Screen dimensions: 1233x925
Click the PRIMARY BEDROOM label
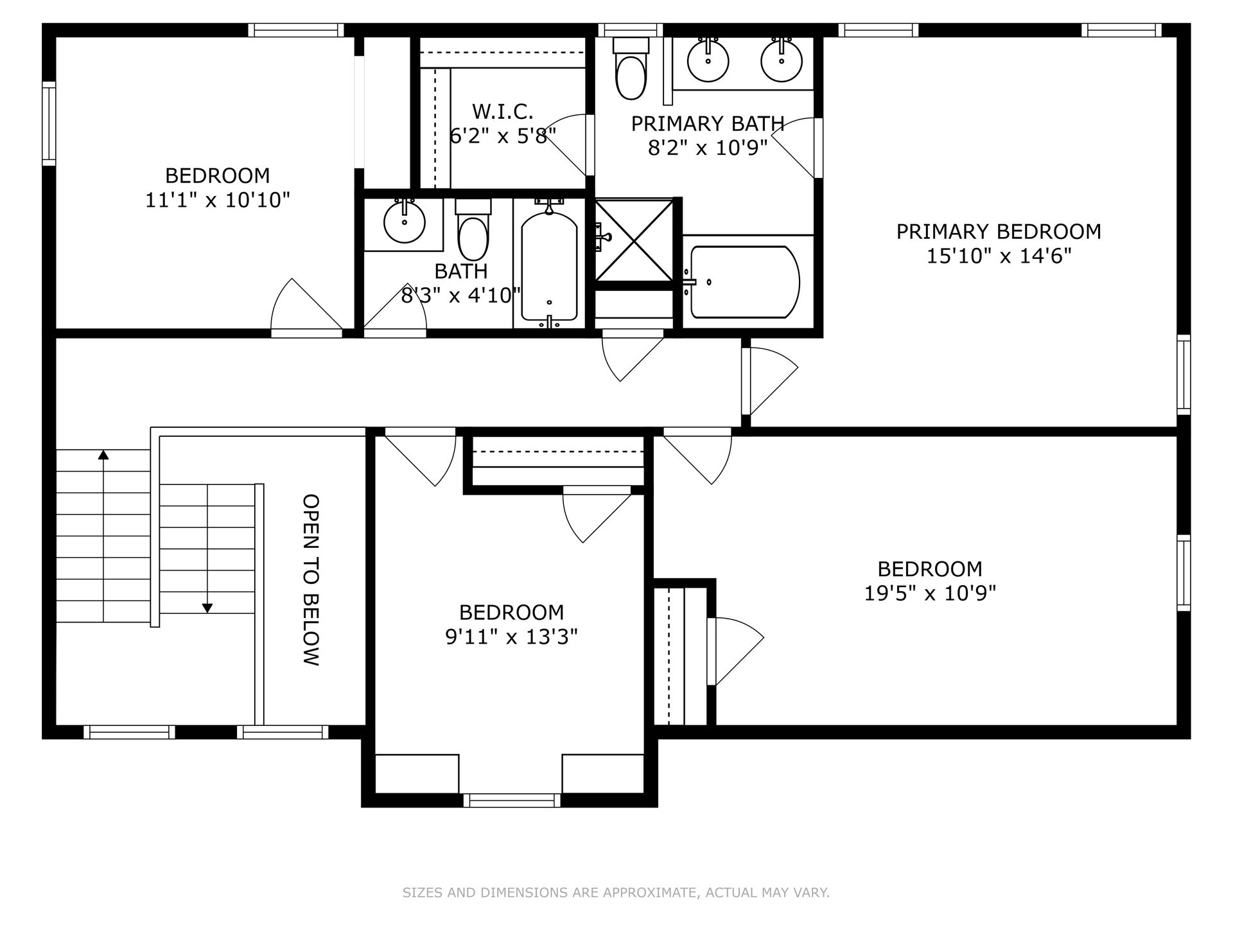[x=999, y=231]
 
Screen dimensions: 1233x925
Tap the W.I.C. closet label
[x=503, y=112]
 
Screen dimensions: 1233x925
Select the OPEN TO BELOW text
[x=311, y=579]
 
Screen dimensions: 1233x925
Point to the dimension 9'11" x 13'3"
[x=512, y=637]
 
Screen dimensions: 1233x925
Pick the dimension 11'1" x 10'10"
[x=218, y=200]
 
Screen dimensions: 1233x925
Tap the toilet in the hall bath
[x=473, y=230]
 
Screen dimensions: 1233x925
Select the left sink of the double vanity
[x=708, y=60]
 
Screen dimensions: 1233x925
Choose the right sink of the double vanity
[x=782, y=60]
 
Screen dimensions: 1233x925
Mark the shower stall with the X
[x=634, y=240]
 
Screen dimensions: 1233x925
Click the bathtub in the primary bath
[x=744, y=282]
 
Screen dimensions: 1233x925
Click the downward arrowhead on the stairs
[x=207, y=607]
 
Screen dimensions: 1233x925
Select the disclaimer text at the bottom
[x=616, y=892]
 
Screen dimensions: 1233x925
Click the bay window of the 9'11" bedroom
[x=512, y=800]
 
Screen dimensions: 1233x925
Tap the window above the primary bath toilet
[x=631, y=30]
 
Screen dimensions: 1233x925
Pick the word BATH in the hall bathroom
[x=461, y=271]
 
